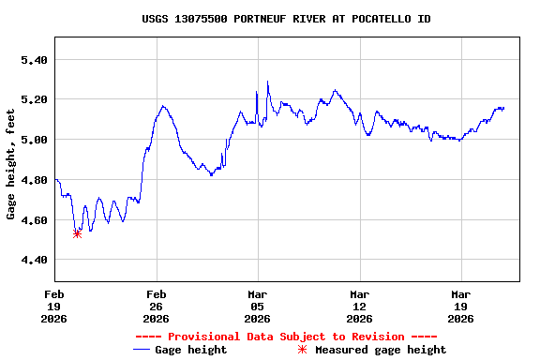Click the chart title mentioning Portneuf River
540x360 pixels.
[x=286, y=19]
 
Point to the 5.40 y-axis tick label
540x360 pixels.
[x=34, y=60]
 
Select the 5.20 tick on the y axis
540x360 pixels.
[x=34, y=99]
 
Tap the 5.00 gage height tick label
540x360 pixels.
[x=34, y=140]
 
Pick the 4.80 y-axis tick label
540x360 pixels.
[x=34, y=180]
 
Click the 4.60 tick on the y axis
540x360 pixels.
[x=34, y=219]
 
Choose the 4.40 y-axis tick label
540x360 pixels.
[x=34, y=260]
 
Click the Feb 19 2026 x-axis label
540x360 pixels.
[x=54, y=305]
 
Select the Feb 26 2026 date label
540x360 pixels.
[x=156, y=305]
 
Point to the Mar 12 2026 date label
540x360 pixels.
[x=359, y=305]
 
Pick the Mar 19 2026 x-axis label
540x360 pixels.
[x=460, y=305]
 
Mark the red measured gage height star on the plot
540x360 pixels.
[x=77, y=233]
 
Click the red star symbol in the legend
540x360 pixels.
[x=302, y=350]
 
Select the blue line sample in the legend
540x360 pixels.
[x=142, y=350]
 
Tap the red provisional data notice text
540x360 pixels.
[x=286, y=337]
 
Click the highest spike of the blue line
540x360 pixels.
[x=267, y=82]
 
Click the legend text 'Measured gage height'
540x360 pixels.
[x=381, y=350]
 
